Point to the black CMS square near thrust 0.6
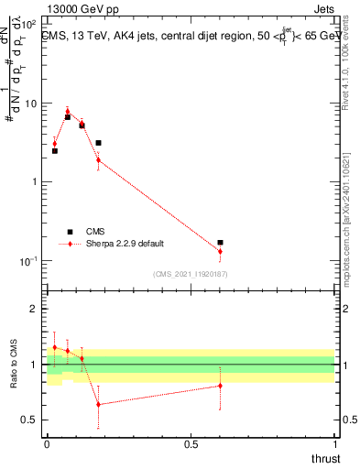point(220,243)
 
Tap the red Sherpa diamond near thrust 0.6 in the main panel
point(220,251)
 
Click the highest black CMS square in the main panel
point(68,117)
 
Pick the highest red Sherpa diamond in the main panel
point(68,112)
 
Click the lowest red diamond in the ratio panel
point(98,404)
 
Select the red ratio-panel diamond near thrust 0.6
point(220,386)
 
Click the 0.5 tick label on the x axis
point(191,444)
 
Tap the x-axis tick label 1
point(335,444)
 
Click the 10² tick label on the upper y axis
point(30,23)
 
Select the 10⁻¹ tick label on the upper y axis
point(30,261)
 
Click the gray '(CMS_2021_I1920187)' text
point(190,273)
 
